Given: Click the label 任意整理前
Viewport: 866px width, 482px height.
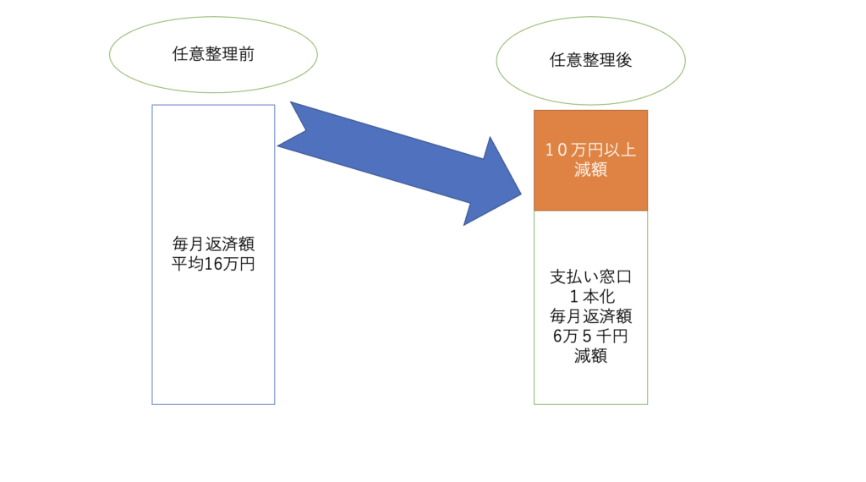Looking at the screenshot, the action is [213, 54].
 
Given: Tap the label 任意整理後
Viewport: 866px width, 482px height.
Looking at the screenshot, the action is [590, 60].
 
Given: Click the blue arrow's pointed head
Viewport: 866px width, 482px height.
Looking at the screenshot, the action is [521, 194].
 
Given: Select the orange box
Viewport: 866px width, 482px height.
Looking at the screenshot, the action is [590, 160].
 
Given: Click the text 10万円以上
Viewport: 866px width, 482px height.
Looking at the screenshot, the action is [590, 150].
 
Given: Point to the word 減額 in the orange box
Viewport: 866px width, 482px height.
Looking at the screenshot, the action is [590, 169].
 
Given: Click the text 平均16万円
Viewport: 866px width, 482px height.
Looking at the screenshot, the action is [213, 264].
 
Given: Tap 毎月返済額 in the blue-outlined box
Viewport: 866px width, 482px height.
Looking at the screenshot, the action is [213, 244].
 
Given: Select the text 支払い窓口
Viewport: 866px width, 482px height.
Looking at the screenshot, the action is [590, 277].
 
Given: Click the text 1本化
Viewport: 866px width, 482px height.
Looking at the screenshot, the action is [591, 297].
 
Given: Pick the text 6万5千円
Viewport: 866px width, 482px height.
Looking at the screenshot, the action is [590, 336].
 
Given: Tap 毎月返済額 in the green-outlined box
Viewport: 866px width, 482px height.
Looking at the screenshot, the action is [590, 315].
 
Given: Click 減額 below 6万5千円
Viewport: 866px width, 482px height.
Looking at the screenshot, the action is [590, 355].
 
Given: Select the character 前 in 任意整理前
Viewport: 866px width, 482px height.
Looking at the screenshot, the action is [246, 54].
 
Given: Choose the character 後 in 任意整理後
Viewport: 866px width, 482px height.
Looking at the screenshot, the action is [624, 60].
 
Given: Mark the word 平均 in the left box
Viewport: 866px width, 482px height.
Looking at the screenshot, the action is [188, 264].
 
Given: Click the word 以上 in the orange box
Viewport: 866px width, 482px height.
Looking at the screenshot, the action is [620, 150].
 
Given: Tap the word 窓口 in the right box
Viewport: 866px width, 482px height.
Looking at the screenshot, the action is [616, 277].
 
